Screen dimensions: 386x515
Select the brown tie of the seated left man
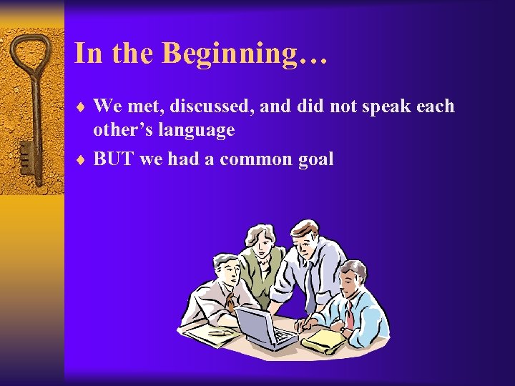[x=231, y=304]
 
